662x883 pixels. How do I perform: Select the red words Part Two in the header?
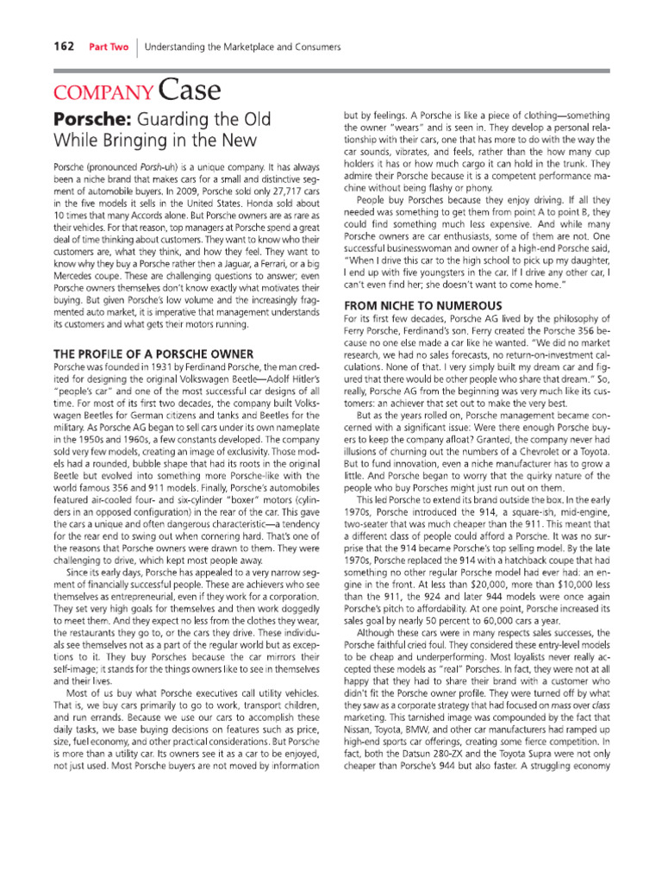click(108, 46)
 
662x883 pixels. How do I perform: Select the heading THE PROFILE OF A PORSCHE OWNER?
click(153, 354)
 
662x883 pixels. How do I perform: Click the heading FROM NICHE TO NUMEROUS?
click(423, 305)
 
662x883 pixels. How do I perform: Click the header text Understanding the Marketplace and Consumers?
click(245, 46)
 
